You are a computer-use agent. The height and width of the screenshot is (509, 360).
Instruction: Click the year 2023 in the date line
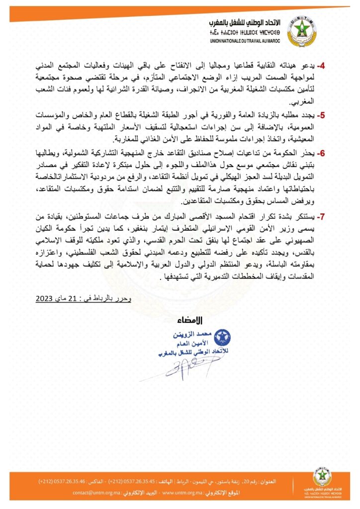tap(46, 298)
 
